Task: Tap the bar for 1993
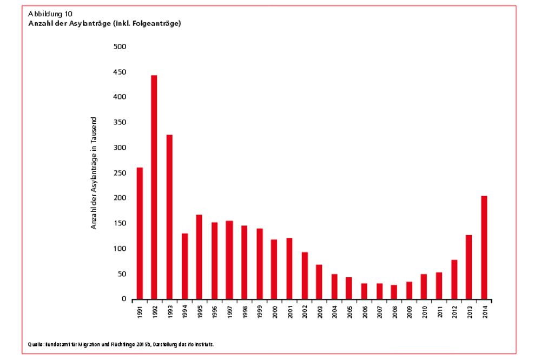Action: (x=169, y=217)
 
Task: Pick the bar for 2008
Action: (x=394, y=292)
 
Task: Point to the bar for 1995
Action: (x=199, y=257)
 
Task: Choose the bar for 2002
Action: (x=304, y=275)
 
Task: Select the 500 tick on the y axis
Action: (x=120, y=46)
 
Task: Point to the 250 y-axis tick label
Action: (x=120, y=173)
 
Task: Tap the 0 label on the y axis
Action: (x=123, y=299)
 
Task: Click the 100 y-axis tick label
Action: (x=120, y=249)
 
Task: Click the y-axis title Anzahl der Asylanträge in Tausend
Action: (x=94, y=173)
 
